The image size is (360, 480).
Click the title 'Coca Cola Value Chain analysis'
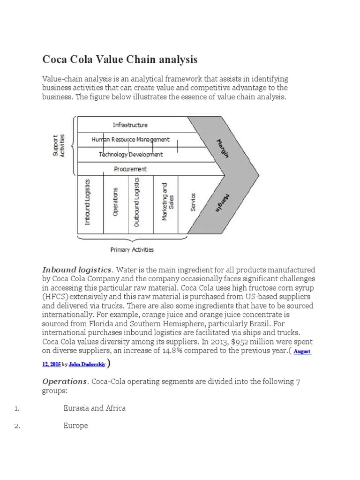120,60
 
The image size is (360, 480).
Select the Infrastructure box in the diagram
130,125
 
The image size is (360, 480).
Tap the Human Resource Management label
130,140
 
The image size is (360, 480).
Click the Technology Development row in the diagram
131,154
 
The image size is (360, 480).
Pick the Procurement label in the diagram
130,169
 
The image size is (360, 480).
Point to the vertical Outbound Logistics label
136,202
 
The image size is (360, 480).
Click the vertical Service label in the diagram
193,202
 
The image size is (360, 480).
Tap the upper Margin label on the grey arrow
223,148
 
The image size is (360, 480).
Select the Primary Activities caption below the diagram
132,249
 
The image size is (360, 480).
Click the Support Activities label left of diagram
60,146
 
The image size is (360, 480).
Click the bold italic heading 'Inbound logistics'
77,270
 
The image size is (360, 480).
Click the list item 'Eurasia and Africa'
95,408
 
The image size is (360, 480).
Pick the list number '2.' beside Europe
17,426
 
